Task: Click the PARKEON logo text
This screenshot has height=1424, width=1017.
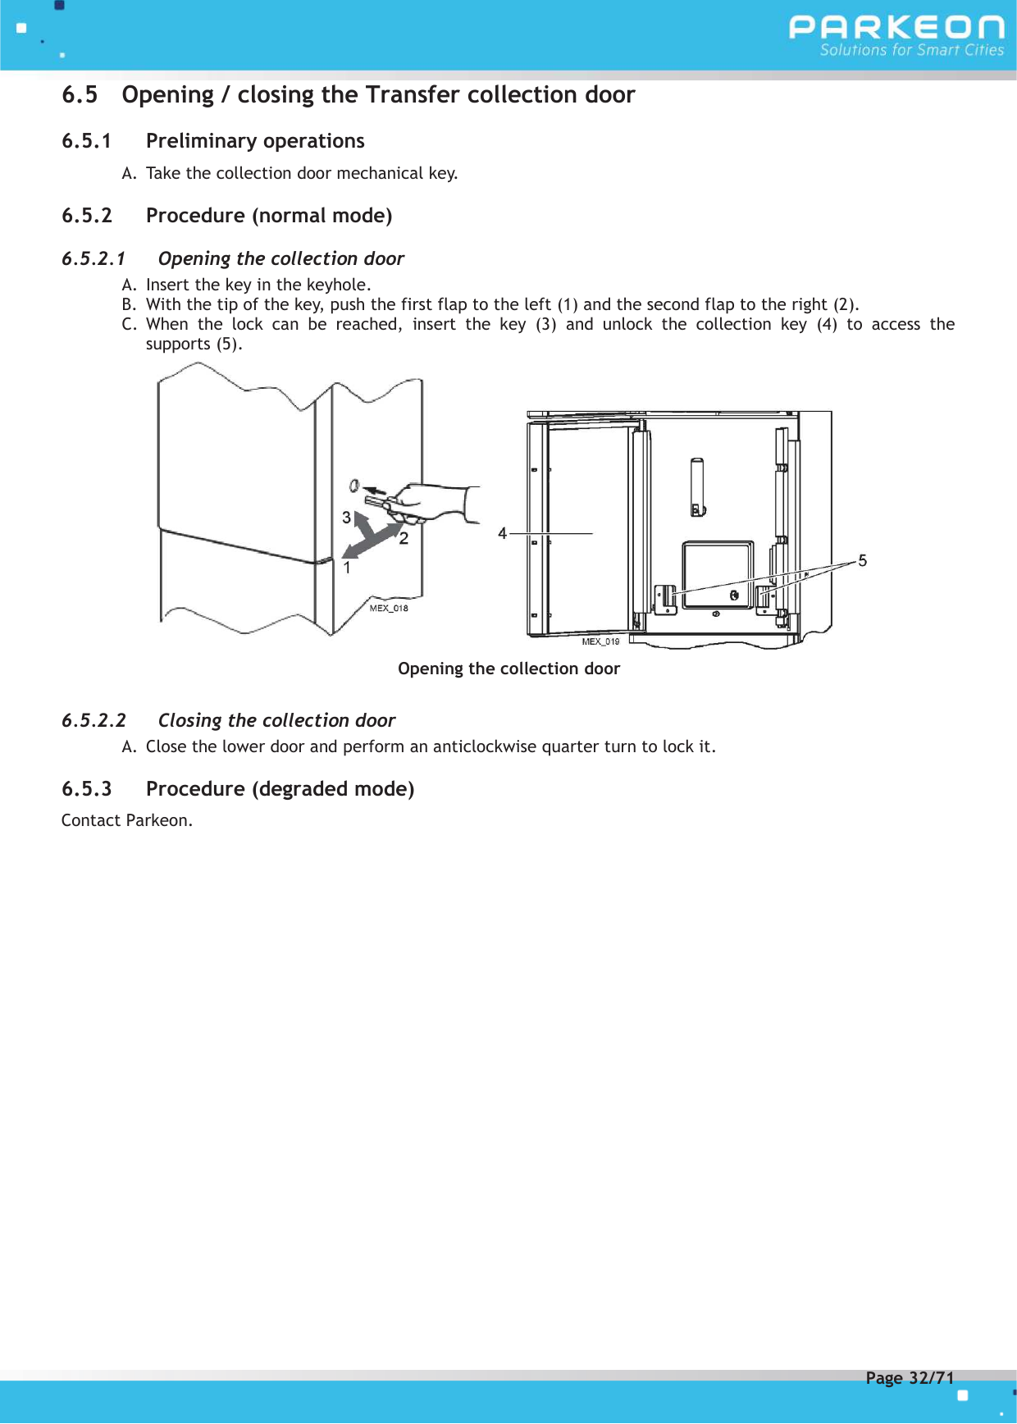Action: [x=896, y=28]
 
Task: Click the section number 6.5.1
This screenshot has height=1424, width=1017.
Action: [x=86, y=141]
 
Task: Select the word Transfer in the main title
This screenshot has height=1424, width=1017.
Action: [x=413, y=95]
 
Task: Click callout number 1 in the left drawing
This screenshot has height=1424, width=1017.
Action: [x=347, y=568]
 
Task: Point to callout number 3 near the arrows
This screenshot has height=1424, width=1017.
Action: [x=346, y=518]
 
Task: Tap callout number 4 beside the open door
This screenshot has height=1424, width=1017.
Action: [x=502, y=534]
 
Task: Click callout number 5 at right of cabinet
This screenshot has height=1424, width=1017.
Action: [x=862, y=561]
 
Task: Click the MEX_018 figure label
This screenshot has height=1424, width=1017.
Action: [x=388, y=609]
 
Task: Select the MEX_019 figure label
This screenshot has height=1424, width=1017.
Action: [x=600, y=641]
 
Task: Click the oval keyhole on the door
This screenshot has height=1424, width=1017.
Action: [x=354, y=486]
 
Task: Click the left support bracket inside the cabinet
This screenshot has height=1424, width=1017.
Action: [x=664, y=598]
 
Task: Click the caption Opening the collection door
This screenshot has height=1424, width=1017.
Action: [x=508, y=669]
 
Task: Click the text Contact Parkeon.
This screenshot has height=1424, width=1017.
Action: [x=126, y=820]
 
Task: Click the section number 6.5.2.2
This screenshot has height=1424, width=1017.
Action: [x=93, y=720]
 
